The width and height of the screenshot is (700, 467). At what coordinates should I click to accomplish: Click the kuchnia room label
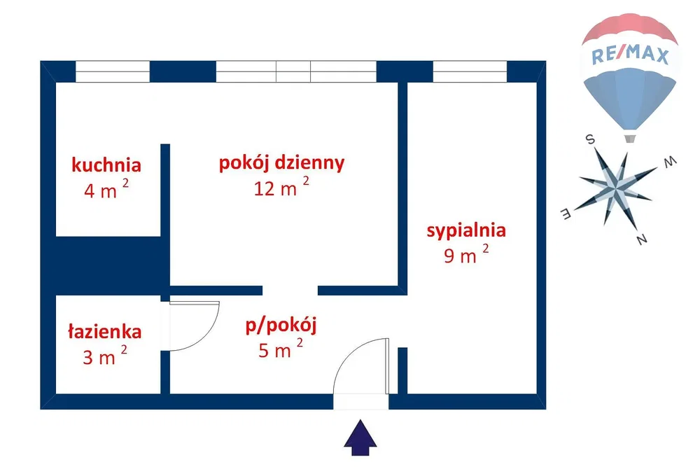click(x=106, y=165)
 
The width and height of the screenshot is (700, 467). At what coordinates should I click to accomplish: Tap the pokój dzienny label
click(x=281, y=163)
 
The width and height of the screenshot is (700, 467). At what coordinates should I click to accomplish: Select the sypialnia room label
click(x=466, y=231)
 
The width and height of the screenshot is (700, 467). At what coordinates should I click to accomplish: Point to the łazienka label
click(x=104, y=331)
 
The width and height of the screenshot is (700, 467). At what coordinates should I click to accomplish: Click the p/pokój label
click(x=281, y=326)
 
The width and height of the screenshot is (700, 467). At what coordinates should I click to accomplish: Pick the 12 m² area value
click(x=281, y=187)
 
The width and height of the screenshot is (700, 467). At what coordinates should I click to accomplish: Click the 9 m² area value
click(x=466, y=254)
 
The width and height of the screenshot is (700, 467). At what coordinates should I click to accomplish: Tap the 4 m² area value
click(x=106, y=189)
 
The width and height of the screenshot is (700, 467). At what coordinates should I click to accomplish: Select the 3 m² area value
click(x=105, y=356)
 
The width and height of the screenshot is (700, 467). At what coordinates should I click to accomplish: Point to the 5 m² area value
click(x=281, y=348)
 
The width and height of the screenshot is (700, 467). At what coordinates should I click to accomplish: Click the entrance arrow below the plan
click(x=360, y=438)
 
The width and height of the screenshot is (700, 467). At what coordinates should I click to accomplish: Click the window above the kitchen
click(x=113, y=71)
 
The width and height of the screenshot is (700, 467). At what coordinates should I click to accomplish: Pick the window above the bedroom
click(x=470, y=71)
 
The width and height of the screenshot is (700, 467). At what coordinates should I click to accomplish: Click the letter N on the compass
click(x=641, y=239)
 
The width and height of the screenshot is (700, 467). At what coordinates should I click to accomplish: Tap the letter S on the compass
click(x=590, y=139)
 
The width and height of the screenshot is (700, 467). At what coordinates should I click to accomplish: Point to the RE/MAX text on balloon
click(x=630, y=55)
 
